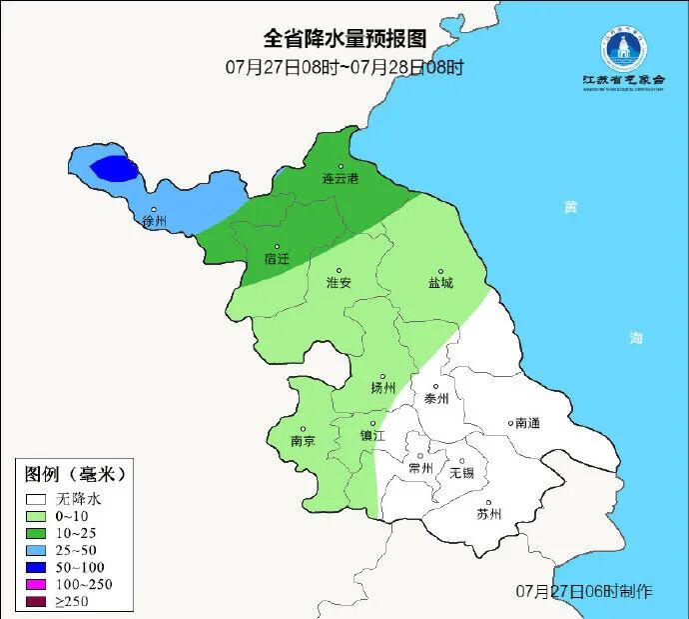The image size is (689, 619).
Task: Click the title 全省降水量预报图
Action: pyautogui.click(x=344, y=39)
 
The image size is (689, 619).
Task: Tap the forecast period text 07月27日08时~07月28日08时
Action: pyautogui.click(x=344, y=68)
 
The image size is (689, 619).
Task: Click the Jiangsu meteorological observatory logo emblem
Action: pyautogui.click(x=623, y=47)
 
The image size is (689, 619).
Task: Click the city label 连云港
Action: pyautogui.click(x=340, y=178)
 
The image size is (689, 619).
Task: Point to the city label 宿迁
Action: pyautogui.click(x=277, y=258)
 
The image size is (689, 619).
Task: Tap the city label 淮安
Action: pyautogui.click(x=339, y=282)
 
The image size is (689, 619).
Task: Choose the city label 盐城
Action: pyautogui.click(x=439, y=282)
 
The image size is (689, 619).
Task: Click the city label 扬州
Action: pyautogui.click(x=382, y=387)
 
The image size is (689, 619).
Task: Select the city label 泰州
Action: pyautogui.click(x=436, y=397)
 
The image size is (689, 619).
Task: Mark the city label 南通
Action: pyautogui.click(x=526, y=423)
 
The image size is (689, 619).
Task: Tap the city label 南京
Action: pyautogui.click(x=303, y=440)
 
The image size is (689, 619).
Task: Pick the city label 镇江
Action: pyautogui.click(x=372, y=435)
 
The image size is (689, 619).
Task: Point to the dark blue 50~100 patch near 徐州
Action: pyautogui.click(x=112, y=167)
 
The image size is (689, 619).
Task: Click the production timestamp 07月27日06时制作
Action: pyautogui.click(x=584, y=591)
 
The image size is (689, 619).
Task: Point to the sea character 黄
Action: pyautogui.click(x=569, y=207)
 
